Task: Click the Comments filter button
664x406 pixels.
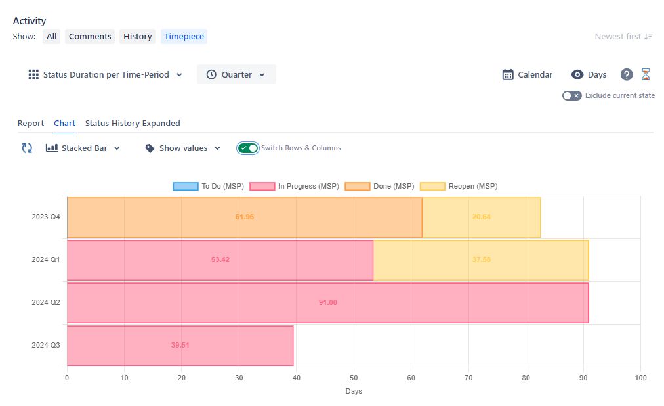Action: coord(90,37)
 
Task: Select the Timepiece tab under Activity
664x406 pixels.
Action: coord(184,37)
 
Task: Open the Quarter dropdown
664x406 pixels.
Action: coord(236,75)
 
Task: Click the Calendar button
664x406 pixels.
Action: coord(528,75)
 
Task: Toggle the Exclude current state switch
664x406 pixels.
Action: coord(571,96)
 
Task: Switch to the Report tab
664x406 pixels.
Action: coord(31,124)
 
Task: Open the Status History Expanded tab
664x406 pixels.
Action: coord(133,124)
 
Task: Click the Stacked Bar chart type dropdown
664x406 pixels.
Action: coord(83,148)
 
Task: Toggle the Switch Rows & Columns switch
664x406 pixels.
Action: coord(248,148)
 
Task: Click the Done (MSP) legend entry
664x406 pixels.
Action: coord(379,187)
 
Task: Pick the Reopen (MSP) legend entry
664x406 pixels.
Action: coord(459,187)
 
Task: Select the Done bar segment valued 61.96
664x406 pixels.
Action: coord(244,217)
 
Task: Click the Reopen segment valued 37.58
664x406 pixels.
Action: coord(481,260)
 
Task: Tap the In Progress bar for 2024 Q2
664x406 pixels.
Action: coord(327,303)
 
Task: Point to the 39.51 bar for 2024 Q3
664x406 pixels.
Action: coord(180,346)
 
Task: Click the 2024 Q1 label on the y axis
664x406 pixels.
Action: coord(46,260)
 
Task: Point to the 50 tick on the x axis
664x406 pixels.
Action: coord(354,378)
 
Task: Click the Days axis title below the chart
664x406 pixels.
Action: coord(354,392)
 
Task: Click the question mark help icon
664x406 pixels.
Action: coord(627,75)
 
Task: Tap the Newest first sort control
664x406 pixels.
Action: coord(623,37)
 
